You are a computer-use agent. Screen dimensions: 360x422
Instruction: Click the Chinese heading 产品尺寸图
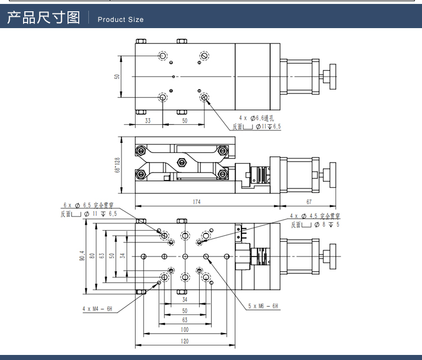pyautogui.click(x=43, y=18)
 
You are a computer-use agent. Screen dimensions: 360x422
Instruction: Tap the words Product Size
pyautogui.click(x=120, y=20)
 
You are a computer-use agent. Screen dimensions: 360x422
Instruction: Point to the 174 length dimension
pyautogui.click(x=196, y=201)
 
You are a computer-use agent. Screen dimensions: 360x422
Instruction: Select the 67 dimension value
pyautogui.click(x=309, y=201)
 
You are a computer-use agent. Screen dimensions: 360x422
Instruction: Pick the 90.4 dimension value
pyautogui.click(x=83, y=256)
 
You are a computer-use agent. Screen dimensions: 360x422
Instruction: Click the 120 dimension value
pyautogui.click(x=185, y=341)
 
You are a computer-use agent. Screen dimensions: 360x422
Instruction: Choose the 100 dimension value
pyautogui.click(x=185, y=330)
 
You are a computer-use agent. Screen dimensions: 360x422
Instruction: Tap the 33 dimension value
pyautogui.click(x=148, y=120)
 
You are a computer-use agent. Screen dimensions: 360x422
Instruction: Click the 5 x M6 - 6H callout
pyautogui.click(x=263, y=306)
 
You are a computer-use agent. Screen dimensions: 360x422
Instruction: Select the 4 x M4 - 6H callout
pyautogui.click(x=97, y=308)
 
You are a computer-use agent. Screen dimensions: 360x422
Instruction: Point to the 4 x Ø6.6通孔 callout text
pyautogui.click(x=256, y=118)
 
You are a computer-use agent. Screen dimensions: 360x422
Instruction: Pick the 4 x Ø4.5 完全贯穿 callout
pyautogui.click(x=315, y=216)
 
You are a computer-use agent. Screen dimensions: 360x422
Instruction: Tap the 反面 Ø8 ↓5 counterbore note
pyautogui.click(x=315, y=224)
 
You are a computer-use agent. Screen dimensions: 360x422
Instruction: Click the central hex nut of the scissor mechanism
pyautogui.click(x=181, y=163)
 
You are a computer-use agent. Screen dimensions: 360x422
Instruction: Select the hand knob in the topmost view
pyautogui.click(x=331, y=76)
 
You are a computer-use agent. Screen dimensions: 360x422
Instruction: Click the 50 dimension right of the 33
pyautogui.click(x=184, y=120)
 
